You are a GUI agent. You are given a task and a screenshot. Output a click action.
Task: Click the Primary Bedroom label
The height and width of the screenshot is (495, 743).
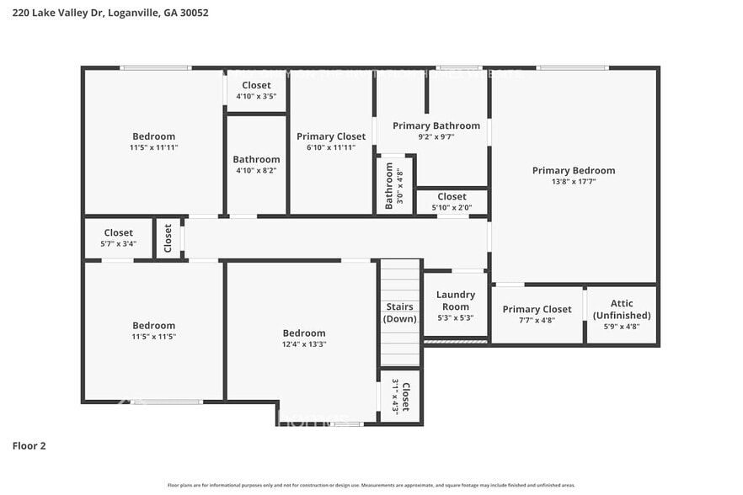pos(573,170)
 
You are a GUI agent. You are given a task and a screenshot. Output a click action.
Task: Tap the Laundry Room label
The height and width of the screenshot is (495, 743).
pos(455,301)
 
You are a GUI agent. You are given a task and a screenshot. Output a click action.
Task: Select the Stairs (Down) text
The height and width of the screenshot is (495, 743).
pos(399,312)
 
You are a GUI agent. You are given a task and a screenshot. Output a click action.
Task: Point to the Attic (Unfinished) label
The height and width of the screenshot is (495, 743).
pos(622,309)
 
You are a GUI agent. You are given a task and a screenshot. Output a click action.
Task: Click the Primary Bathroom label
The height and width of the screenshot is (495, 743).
pos(436,126)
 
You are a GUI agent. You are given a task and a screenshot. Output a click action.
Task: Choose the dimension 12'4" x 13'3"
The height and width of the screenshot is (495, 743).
pos(303,344)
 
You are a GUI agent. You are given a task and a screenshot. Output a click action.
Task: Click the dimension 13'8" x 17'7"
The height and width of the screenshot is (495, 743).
pos(573,182)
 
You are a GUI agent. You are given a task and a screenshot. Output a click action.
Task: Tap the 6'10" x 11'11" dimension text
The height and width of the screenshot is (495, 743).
pos(331,147)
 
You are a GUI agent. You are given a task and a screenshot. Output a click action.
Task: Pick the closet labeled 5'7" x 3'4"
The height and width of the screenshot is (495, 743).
pos(118,238)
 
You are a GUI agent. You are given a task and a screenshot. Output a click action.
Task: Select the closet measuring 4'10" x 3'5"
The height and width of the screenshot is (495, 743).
pos(256,91)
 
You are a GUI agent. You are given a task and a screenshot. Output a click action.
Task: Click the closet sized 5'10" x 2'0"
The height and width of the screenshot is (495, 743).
pos(452,202)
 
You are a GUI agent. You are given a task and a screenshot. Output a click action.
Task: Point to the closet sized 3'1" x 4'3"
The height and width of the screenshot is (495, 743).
pos(400,396)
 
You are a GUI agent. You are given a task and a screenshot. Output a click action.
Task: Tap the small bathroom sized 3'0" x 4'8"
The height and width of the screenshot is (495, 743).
pos(394,186)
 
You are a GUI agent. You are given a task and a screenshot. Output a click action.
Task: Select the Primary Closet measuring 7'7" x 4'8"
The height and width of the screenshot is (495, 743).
pos(537,314)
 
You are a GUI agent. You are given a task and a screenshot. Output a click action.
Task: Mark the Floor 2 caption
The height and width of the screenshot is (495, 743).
pos(29,445)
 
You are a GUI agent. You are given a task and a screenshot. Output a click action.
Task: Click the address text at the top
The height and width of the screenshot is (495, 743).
pos(110,13)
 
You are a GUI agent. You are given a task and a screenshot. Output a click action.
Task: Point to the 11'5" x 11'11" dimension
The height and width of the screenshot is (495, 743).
pos(153,147)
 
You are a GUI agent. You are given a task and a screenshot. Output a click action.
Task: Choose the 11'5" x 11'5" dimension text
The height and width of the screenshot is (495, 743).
pos(153,337)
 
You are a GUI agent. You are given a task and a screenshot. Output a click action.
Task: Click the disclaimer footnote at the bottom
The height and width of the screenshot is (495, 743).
pos(371,485)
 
